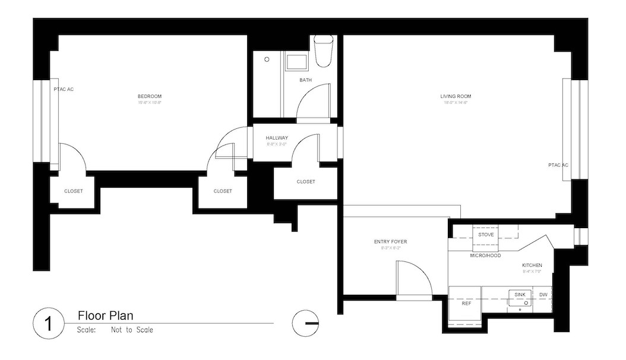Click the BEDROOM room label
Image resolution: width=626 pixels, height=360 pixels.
tap(149, 96)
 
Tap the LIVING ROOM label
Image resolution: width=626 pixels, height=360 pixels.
tap(455, 96)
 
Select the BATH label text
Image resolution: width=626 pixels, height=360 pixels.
tap(305, 80)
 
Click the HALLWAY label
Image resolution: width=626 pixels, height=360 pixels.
tap(277, 138)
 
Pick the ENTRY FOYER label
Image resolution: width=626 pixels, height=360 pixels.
tap(390, 242)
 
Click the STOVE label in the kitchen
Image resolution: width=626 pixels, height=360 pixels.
tap(486, 235)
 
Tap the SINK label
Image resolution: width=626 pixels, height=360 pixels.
tap(520, 295)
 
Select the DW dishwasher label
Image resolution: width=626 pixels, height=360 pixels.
tap(543, 295)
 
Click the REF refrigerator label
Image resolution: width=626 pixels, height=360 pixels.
tap(466, 304)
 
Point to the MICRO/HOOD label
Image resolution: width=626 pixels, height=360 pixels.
tap(485, 255)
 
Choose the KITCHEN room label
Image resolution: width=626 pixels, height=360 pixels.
tap(532, 265)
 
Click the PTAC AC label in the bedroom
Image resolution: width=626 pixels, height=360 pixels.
tap(64, 89)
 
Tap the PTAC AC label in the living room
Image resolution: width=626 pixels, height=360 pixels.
tap(558, 165)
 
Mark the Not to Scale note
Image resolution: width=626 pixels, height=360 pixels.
tap(131, 330)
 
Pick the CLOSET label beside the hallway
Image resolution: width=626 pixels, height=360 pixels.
tap(305, 182)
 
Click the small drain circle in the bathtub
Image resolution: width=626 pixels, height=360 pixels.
tap(267, 59)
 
